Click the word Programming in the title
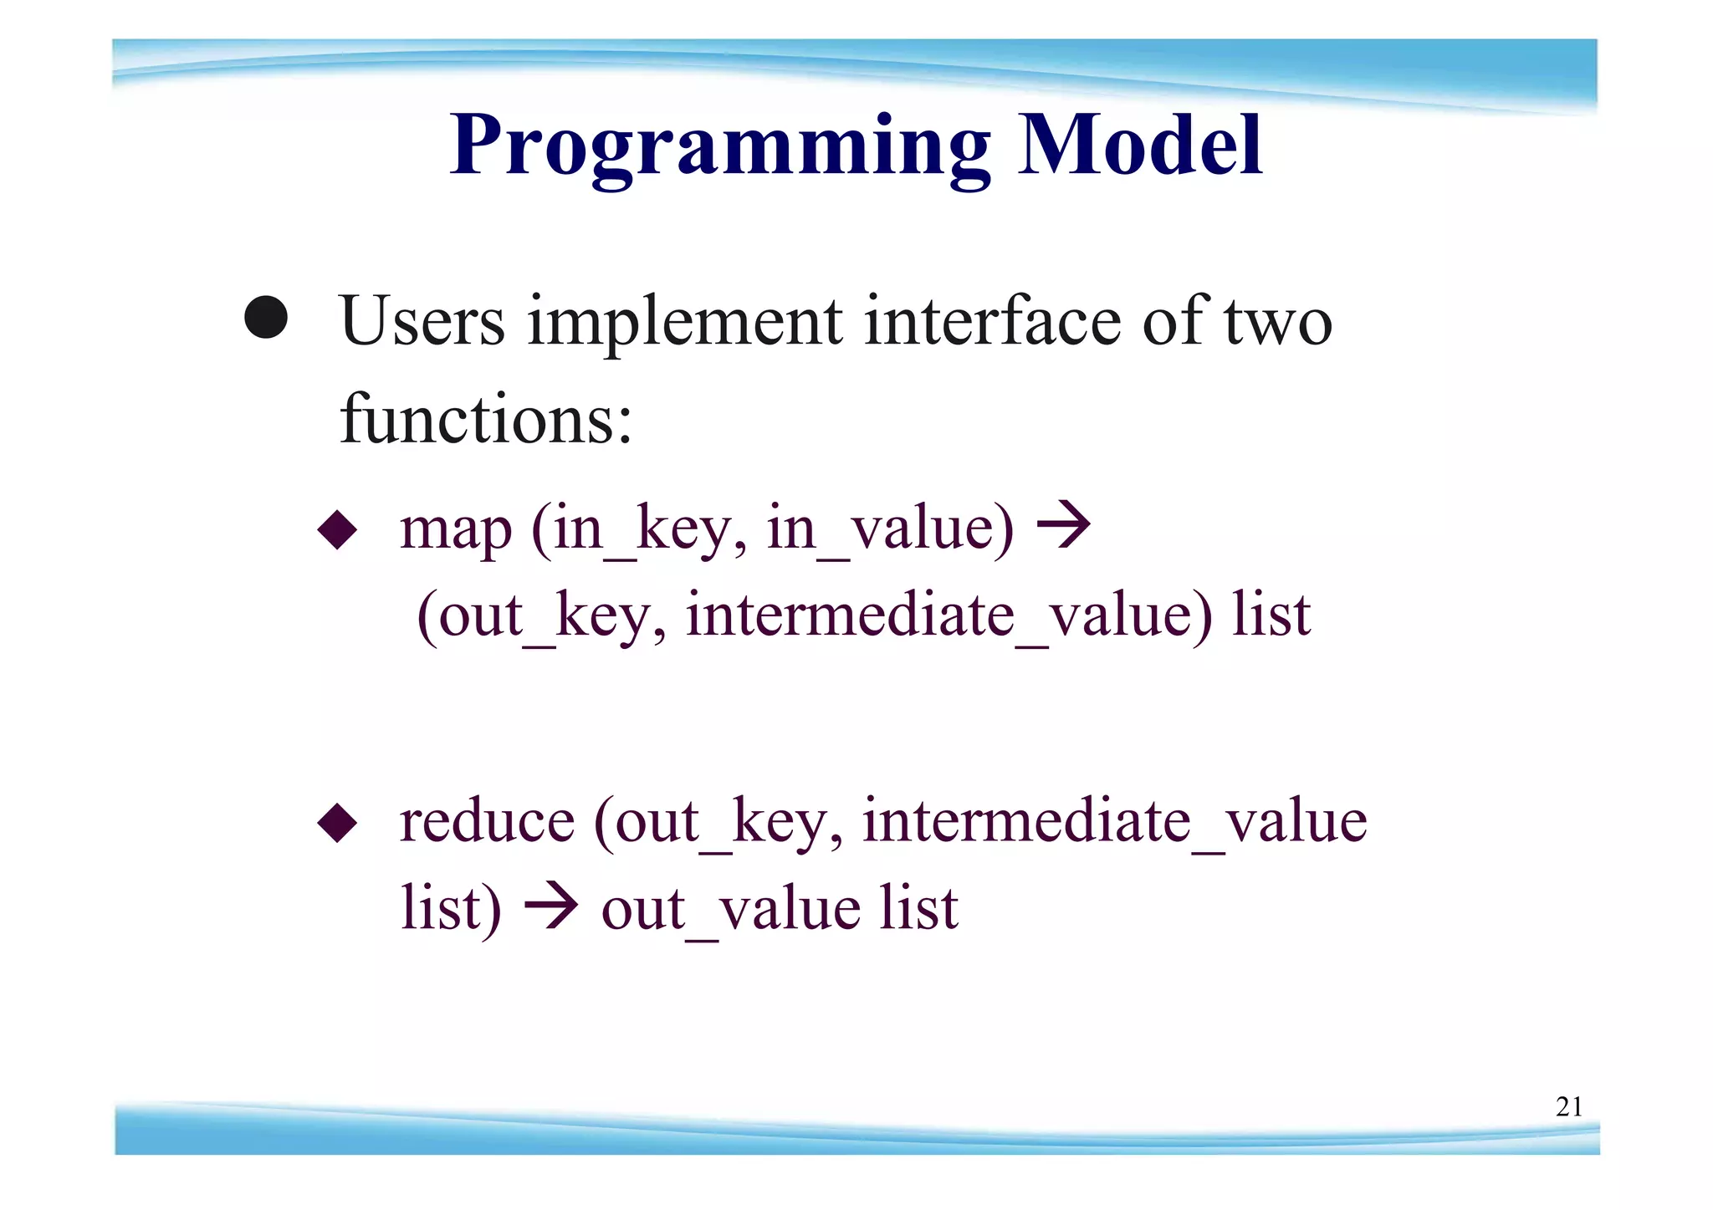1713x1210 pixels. click(x=719, y=146)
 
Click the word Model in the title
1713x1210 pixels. click(x=1139, y=146)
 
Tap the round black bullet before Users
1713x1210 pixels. click(x=266, y=318)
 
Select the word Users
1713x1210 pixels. click(x=422, y=321)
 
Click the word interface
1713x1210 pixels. click(x=992, y=321)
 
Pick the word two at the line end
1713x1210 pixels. click(x=1277, y=323)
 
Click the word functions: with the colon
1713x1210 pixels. click(x=486, y=419)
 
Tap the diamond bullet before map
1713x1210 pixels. click(x=338, y=529)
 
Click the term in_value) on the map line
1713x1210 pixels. click(x=889, y=530)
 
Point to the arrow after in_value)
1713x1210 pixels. click(x=1063, y=526)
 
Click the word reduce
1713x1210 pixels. click(x=487, y=822)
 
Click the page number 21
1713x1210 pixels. click(x=1568, y=1107)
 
